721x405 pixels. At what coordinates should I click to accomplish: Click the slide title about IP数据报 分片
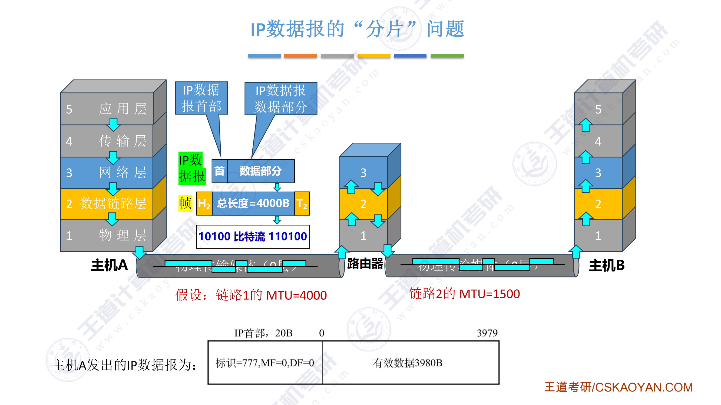[357, 29]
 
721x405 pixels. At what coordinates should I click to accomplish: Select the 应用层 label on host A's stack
[123, 109]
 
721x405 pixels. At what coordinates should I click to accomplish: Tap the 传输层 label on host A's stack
[123, 141]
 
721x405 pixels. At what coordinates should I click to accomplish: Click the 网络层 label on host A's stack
[123, 172]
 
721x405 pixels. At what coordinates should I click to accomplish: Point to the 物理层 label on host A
[123, 235]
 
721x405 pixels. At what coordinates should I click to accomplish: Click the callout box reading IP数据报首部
[201, 98]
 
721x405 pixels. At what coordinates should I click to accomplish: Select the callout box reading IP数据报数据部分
[280, 98]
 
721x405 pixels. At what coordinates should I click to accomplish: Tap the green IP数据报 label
[192, 168]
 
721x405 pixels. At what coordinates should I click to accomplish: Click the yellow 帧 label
[185, 203]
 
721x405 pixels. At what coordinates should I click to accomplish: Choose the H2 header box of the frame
[204, 203]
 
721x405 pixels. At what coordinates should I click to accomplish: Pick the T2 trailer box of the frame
[302, 203]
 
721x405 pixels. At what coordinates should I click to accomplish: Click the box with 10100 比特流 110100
[253, 237]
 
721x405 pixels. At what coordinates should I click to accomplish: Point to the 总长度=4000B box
[253, 203]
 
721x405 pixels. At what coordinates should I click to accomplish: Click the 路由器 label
[365, 263]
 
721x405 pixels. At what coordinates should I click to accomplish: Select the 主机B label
[607, 265]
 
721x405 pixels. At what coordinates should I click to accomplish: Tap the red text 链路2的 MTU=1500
[464, 294]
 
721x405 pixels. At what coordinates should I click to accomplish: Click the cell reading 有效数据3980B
[407, 363]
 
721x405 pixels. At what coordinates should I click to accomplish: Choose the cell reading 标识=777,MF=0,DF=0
[265, 363]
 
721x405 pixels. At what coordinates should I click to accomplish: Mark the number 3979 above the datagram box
[487, 333]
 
